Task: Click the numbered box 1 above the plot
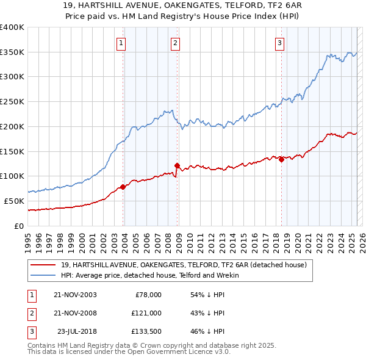pos(122,43)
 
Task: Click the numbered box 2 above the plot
pos(175,43)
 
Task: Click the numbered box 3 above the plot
pos(279,43)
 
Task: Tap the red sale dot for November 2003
pos(123,187)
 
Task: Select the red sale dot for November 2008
pos(177,165)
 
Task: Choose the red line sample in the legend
pos(45,265)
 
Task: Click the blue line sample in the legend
pos(45,275)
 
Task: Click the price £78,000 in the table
pos(148,295)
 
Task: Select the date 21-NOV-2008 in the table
pos(76,313)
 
